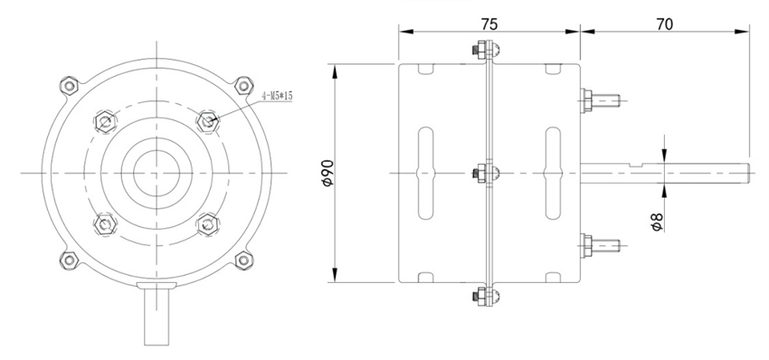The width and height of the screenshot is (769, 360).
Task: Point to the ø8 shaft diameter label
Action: pyautogui.click(x=657, y=220)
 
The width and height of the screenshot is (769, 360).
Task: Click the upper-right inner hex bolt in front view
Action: pyautogui.click(x=209, y=121)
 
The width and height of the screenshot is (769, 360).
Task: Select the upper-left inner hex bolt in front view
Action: pyautogui.click(x=104, y=121)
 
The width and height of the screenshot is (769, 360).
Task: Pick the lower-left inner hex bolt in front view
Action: pyautogui.click(x=104, y=223)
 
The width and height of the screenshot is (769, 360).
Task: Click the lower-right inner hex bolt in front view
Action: pyautogui.click(x=209, y=223)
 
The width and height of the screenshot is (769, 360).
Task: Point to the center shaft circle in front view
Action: pyautogui.click(x=156, y=172)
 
